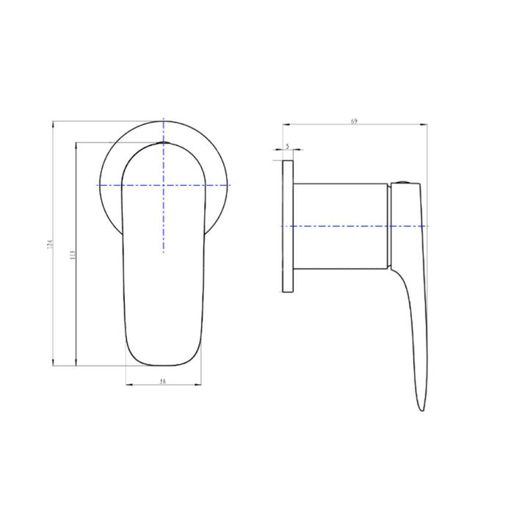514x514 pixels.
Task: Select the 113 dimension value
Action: pyautogui.click(x=71, y=254)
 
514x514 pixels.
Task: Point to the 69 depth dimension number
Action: pyautogui.click(x=354, y=121)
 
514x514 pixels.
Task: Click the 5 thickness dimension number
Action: pyautogui.click(x=288, y=146)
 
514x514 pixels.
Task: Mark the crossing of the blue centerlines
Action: pyautogui.click(x=164, y=185)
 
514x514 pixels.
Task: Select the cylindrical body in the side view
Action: pyautogui.click(x=341, y=225)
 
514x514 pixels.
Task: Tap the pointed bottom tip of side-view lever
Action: pyautogui.click(x=420, y=410)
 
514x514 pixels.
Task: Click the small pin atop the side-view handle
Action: pyautogui.click(x=403, y=180)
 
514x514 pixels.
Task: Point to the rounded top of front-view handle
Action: pyautogui.click(x=164, y=145)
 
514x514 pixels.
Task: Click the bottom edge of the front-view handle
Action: pyautogui.click(x=164, y=364)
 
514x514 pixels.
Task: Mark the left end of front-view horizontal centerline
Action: pyautogui.click(x=99, y=185)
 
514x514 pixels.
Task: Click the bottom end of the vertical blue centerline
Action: pyautogui.click(x=164, y=253)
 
